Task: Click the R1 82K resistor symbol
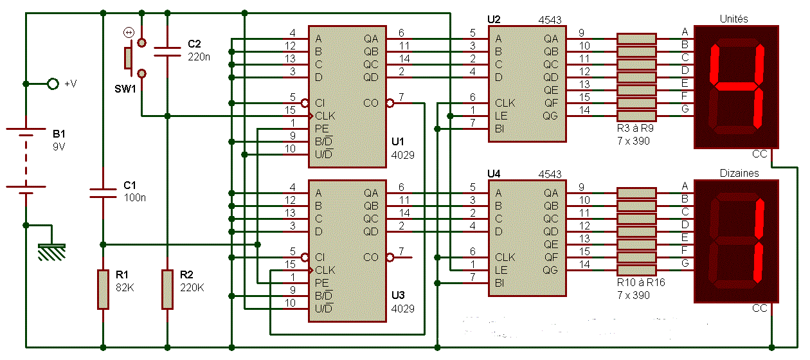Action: click(103, 289)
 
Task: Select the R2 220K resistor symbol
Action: click(167, 289)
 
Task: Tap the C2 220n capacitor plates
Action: click(167, 51)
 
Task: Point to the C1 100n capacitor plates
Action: click(103, 193)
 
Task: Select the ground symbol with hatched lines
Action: click(51, 252)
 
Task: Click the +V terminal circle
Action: click(53, 84)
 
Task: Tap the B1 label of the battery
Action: click(59, 134)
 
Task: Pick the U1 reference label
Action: click(398, 141)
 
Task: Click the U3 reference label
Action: click(398, 295)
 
